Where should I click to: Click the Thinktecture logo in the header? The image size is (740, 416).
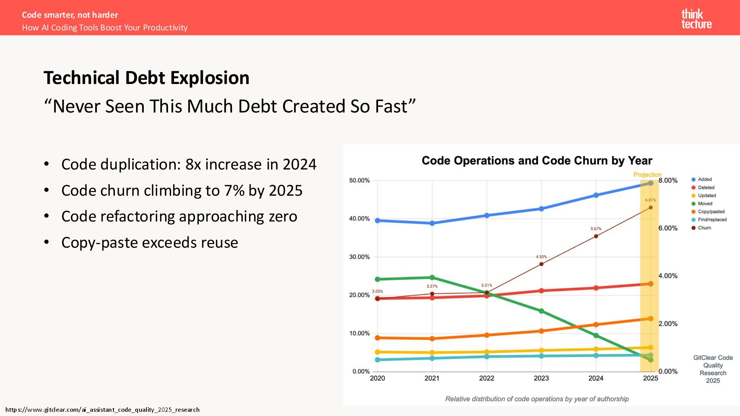coord(696,19)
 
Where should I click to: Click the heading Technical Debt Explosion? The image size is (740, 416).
coord(146,78)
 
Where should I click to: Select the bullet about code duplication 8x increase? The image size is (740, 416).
coord(188,164)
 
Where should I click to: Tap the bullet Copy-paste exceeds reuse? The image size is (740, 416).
coord(150,243)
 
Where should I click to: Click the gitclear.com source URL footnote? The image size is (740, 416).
coord(103,409)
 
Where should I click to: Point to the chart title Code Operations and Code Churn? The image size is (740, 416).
coord(536,161)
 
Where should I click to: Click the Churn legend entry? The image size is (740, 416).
coord(704,228)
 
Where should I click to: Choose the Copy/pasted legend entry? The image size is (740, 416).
coord(711,211)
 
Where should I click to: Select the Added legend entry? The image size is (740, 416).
coord(704,179)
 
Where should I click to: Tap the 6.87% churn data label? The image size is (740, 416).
coord(650,200)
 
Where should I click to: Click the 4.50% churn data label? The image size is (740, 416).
coord(541,257)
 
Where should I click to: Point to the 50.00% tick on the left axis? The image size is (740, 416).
coord(359,180)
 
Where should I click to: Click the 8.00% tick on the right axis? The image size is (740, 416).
coord(668,180)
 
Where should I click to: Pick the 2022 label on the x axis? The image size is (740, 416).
coord(486,378)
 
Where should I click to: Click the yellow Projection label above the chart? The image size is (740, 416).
coord(647,174)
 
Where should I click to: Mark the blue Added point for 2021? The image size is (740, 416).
coord(432,223)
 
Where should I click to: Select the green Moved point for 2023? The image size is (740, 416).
coord(541,311)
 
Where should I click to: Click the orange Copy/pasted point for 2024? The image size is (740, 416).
coord(596,325)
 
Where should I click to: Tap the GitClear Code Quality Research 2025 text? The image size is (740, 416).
coord(713,369)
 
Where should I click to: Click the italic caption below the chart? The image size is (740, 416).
coord(536,399)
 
